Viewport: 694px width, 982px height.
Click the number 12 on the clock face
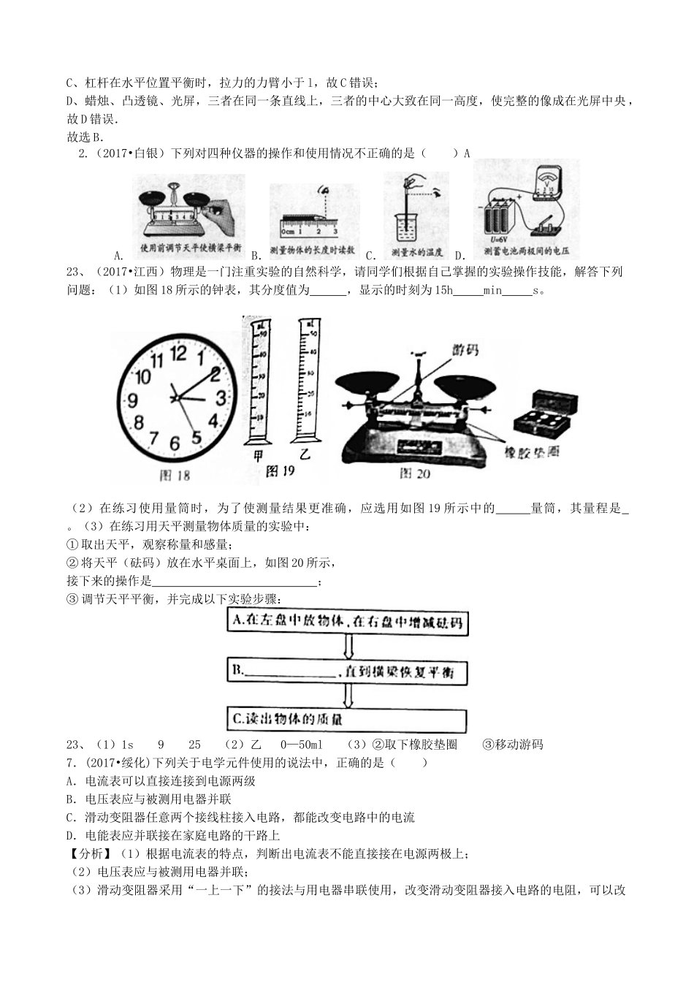[x=178, y=353]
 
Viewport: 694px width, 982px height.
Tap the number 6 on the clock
[x=174, y=444]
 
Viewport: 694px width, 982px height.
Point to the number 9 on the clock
[x=132, y=400]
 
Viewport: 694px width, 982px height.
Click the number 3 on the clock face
[x=221, y=398]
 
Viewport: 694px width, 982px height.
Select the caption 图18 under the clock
[x=175, y=476]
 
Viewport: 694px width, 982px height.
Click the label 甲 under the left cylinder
[x=257, y=454]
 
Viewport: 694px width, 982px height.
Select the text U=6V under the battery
[x=497, y=239]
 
